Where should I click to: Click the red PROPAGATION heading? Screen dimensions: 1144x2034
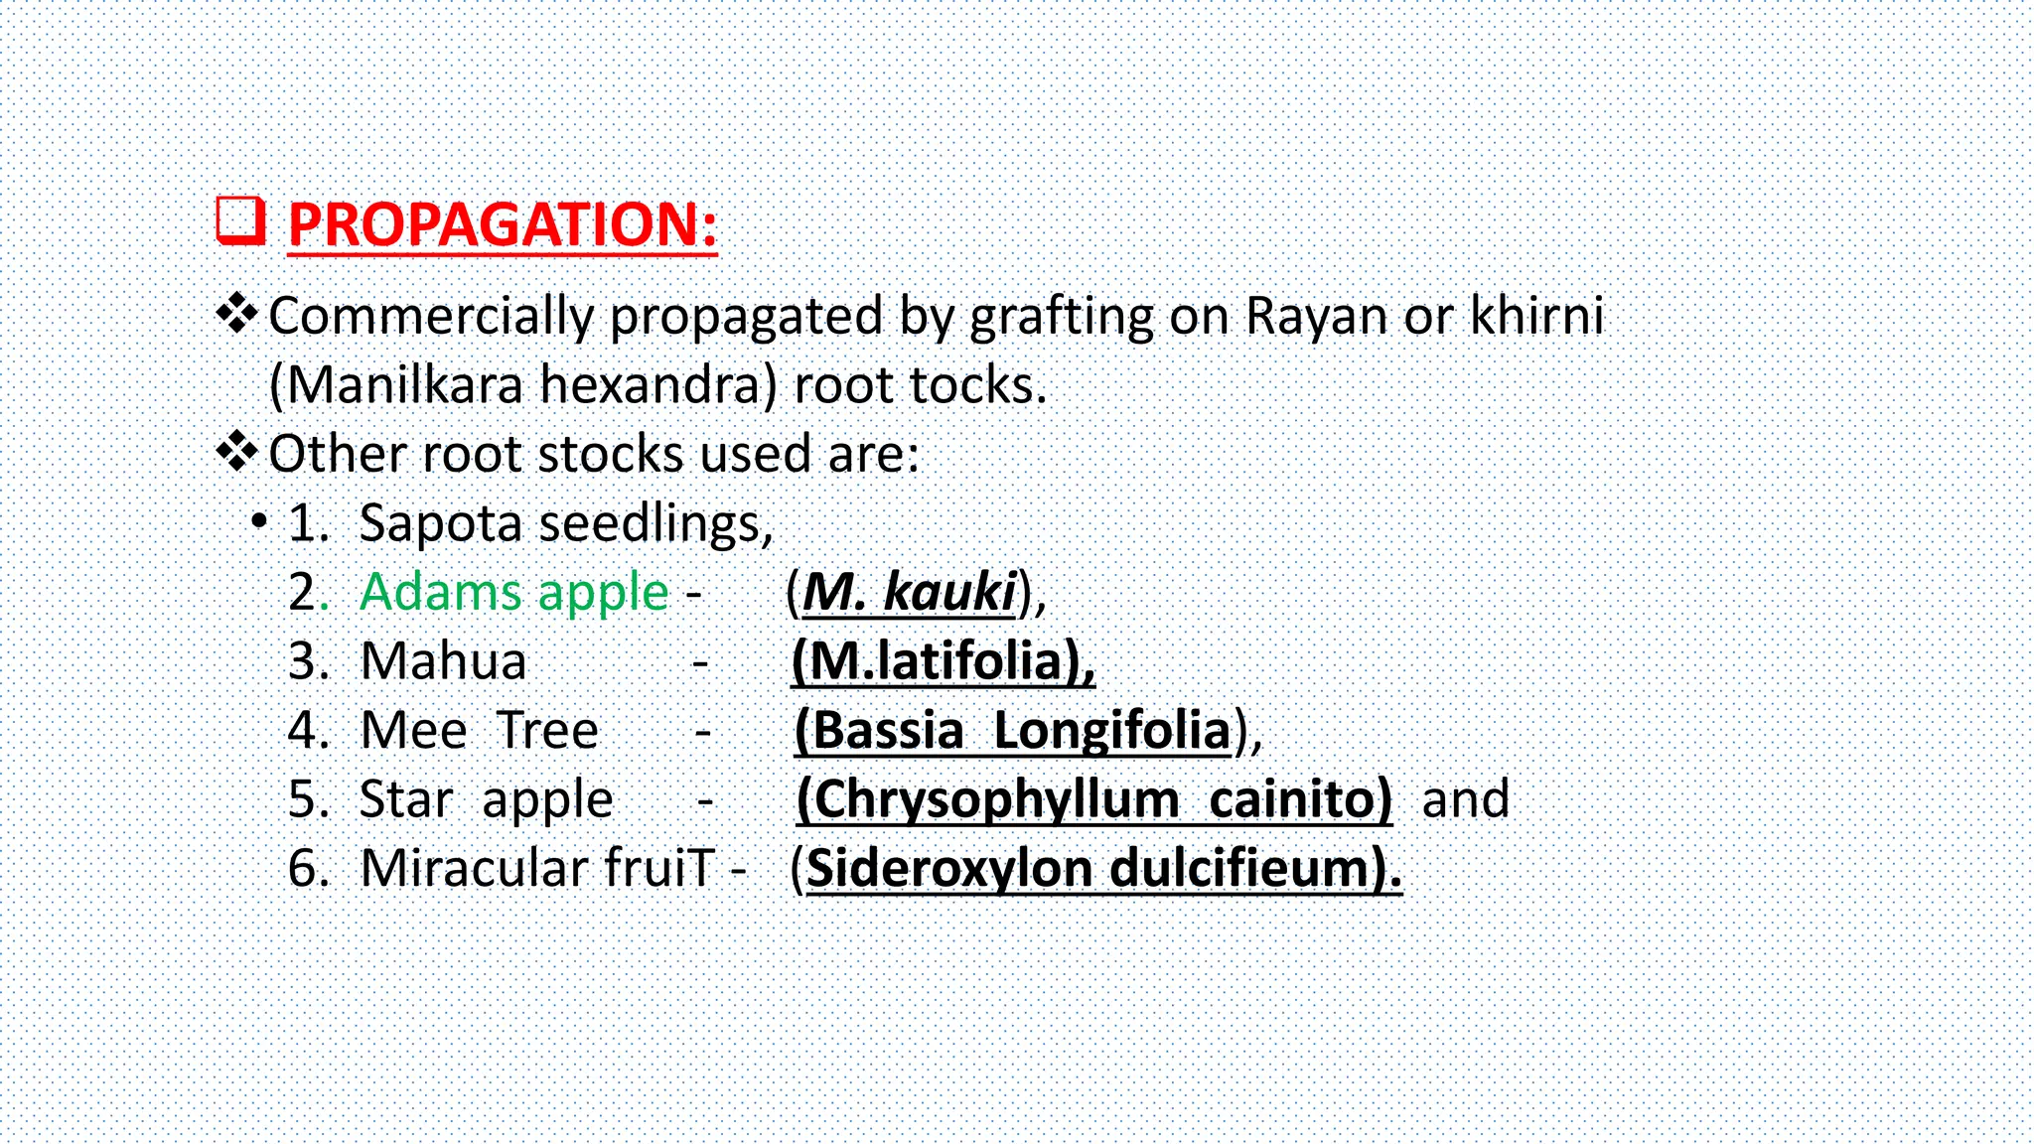[x=502, y=224]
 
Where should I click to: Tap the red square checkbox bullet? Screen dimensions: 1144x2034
[x=240, y=220]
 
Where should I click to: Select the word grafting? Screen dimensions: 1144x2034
[x=1061, y=318]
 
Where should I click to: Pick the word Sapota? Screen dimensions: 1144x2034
[x=439, y=524]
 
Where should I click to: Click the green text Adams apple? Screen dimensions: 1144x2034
[x=513, y=593]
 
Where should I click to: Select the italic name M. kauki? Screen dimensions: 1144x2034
[x=909, y=593]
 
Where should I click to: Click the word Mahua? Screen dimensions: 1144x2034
[x=443, y=661]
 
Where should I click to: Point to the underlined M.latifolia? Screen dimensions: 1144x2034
[x=943, y=661]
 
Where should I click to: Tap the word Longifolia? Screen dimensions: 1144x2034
[x=1112, y=731]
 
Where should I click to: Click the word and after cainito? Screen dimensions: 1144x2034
[x=1465, y=799]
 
